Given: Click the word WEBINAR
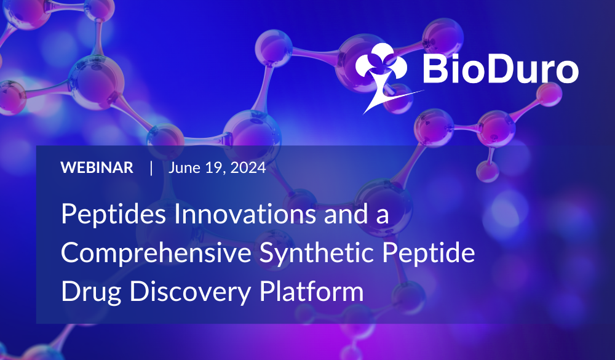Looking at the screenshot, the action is click(x=97, y=167).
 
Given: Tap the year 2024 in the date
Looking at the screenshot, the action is click(x=248, y=167).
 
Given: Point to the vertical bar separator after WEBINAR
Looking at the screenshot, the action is click(x=151, y=168).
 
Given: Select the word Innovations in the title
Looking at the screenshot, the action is click(x=244, y=214).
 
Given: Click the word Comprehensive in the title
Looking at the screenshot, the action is click(x=156, y=252).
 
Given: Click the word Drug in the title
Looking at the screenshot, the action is click(x=91, y=292).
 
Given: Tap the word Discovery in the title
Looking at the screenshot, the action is click(x=190, y=292).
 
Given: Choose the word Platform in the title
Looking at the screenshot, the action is click(x=311, y=291).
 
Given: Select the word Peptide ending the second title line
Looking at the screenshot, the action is click(x=429, y=252).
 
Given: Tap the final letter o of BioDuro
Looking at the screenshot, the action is click(x=566, y=72).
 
